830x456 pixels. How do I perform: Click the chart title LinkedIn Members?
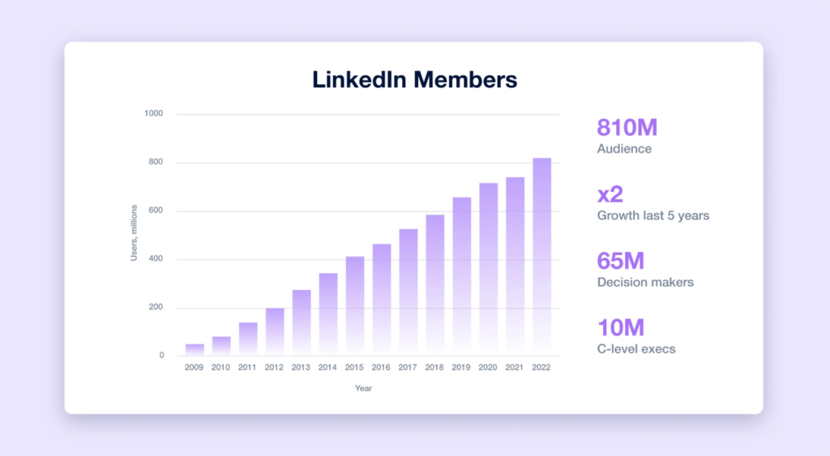click(x=414, y=80)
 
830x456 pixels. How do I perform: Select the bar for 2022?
click(x=541, y=257)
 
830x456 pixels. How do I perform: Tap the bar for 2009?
click(x=195, y=350)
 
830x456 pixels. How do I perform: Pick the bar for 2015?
click(x=355, y=306)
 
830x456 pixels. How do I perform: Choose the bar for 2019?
click(x=461, y=276)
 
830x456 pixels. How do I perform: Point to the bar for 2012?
click(x=275, y=332)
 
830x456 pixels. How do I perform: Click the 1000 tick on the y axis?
click(x=154, y=114)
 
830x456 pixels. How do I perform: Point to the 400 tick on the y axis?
click(x=156, y=260)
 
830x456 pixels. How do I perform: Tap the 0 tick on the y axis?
click(x=160, y=356)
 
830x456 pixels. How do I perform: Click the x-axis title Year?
click(x=363, y=389)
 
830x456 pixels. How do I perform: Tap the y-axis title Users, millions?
click(x=135, y=232)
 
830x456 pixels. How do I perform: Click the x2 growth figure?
click(x=610, y=194)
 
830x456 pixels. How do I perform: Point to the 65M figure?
click(x=620, y=262)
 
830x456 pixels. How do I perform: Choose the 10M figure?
click(x=620, y=328)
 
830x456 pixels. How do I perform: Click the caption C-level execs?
click(x=636, y=349)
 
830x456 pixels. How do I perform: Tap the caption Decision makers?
click(x=645, y=283)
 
